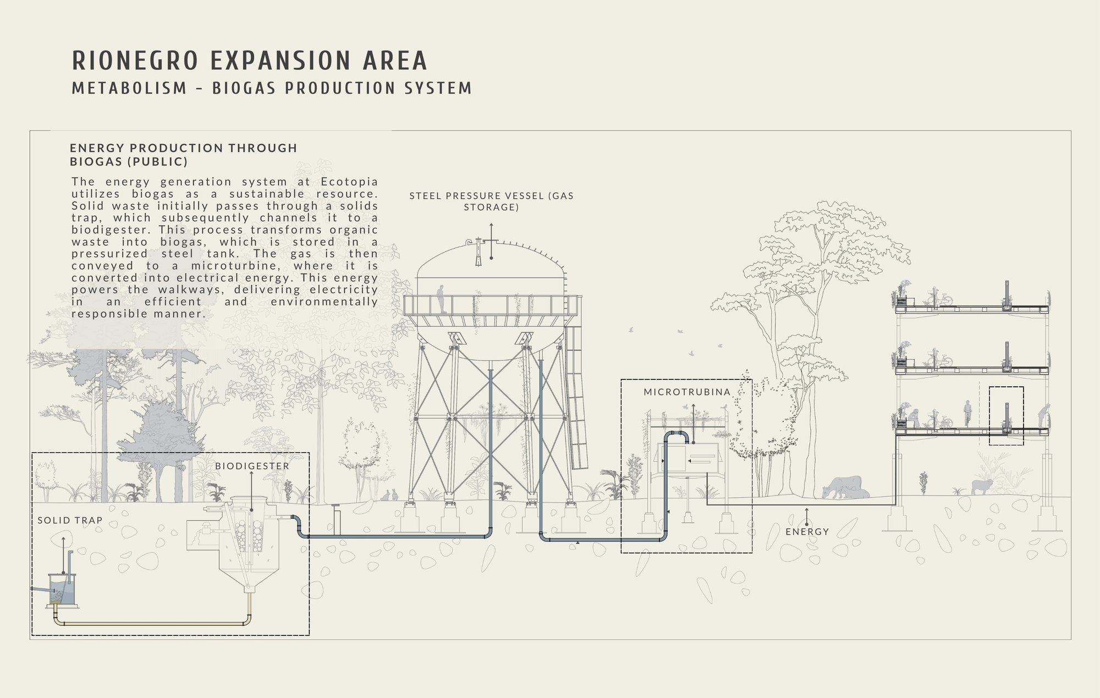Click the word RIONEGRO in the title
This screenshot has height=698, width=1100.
(135, 61)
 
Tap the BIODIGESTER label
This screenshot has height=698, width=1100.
(252, 466)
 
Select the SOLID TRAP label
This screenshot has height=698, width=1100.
(70, 520)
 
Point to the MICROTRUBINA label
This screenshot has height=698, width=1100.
(687, 392)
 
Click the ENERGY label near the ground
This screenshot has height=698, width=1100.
(807, 531)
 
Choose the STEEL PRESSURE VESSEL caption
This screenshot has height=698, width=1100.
(491, 201)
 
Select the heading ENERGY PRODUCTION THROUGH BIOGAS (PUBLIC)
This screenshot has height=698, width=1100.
(184, 155)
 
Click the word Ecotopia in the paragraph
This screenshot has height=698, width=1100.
(353, 182)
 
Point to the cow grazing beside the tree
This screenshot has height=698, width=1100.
(843, 487)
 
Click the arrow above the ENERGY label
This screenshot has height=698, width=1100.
(807, 516)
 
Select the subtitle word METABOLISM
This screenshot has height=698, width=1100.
(130, 88)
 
